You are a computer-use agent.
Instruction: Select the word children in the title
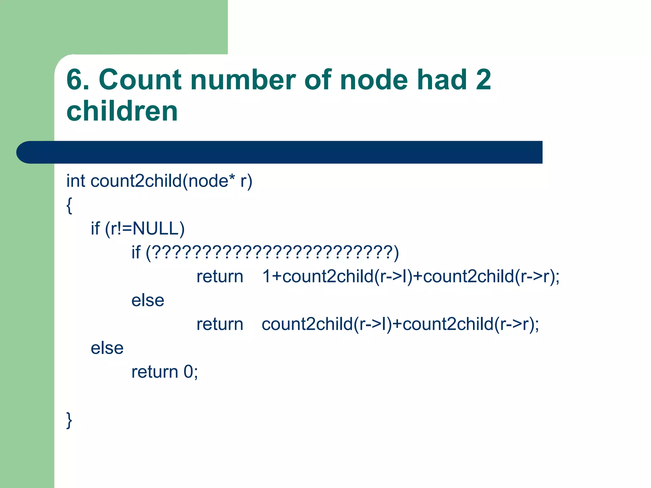pos(122,111)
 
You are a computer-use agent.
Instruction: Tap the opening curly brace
pos(69,205)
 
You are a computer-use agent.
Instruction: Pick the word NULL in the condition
pos(155,228)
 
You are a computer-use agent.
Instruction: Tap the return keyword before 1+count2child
pos(220,276)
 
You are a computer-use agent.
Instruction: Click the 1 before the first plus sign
pos(266,276)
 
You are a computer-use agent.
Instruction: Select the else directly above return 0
pos(107,348)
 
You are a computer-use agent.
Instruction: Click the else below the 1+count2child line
pos(148,300)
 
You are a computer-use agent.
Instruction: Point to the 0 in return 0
pos(188,372)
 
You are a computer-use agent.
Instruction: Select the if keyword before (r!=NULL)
pos(95,228)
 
